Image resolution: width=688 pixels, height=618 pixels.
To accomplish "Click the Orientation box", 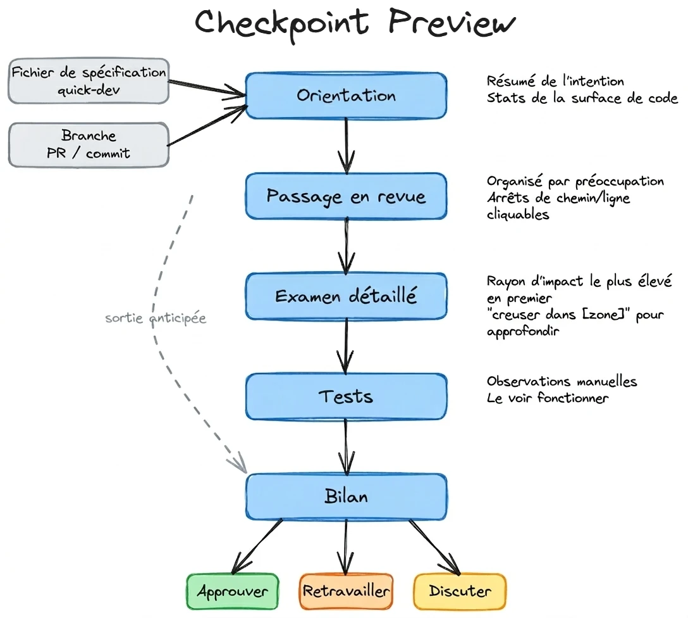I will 346,96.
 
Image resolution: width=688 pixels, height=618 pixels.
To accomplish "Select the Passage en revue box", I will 346,196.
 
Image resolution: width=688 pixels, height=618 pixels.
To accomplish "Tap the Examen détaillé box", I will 346,296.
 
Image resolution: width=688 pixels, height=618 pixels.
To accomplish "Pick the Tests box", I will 346,396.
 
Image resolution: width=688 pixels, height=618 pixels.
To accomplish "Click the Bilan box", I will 346,496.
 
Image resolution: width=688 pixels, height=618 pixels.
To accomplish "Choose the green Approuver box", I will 232,591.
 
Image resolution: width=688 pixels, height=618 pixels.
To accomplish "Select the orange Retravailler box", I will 346,591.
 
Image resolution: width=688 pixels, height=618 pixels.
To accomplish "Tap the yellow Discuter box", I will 460,591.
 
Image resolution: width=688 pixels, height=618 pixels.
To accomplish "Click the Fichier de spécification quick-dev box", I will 89,80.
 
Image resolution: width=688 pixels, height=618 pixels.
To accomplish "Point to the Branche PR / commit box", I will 89,144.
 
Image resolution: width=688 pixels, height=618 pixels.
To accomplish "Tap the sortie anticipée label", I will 156,318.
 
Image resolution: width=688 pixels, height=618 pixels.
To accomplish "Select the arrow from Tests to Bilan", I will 346,446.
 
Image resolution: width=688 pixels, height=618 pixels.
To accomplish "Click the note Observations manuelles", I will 562,381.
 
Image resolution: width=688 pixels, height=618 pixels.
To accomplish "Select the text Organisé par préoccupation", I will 575,182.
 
